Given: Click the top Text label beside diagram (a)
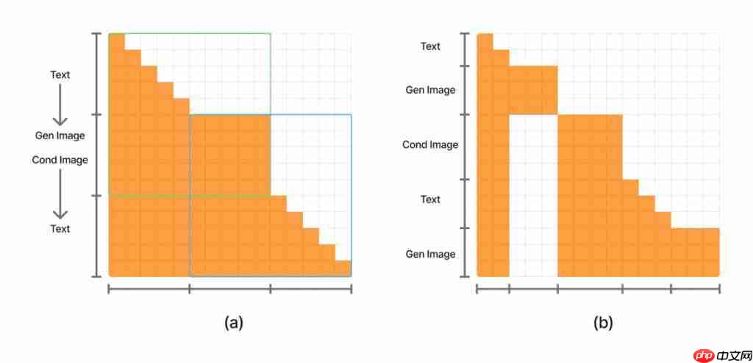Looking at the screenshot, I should click(x=60, y=74).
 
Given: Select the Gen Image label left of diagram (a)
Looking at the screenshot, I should click(x=60, y=135).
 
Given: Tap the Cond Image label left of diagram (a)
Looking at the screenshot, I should click(x=60, y=160).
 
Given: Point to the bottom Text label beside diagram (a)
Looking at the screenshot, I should click(x=60, y=229).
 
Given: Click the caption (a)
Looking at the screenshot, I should click(x=233, y=322).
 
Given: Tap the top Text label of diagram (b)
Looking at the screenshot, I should click(x=430, y=46).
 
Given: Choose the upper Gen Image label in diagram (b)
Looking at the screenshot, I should click(x=430, y=90).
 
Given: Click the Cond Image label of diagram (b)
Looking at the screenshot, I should click(x=430, y=144).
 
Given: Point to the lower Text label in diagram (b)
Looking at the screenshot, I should click(x=430, y=200).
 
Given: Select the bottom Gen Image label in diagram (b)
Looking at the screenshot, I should click(x=430, y=254).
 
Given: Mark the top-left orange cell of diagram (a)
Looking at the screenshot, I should click(x=116, y=42).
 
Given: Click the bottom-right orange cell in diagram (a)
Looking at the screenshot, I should click(x=343, y=268).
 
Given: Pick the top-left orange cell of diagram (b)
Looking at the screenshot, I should click(x=485, y=42).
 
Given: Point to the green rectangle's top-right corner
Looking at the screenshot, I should click(x=270, y=34).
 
